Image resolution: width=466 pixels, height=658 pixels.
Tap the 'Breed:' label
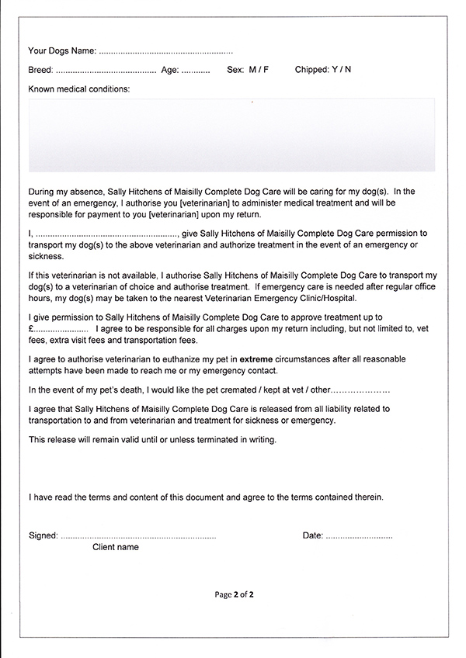40,70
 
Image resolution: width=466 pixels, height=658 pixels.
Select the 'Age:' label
170,70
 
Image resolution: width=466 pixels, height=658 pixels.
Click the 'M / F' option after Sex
259,70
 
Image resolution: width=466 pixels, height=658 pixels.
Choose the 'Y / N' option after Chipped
342,70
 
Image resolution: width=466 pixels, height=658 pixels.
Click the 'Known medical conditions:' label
79,89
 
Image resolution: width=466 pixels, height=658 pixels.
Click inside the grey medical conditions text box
231,135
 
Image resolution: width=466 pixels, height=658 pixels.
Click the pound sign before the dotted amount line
31,330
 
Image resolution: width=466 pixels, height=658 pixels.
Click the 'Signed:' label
43,535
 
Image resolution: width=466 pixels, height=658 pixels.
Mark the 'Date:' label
312,535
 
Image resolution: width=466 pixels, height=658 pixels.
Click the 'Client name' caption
116,547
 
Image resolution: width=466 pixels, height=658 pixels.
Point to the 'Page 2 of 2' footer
235,595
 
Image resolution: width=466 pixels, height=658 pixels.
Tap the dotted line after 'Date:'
359,536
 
